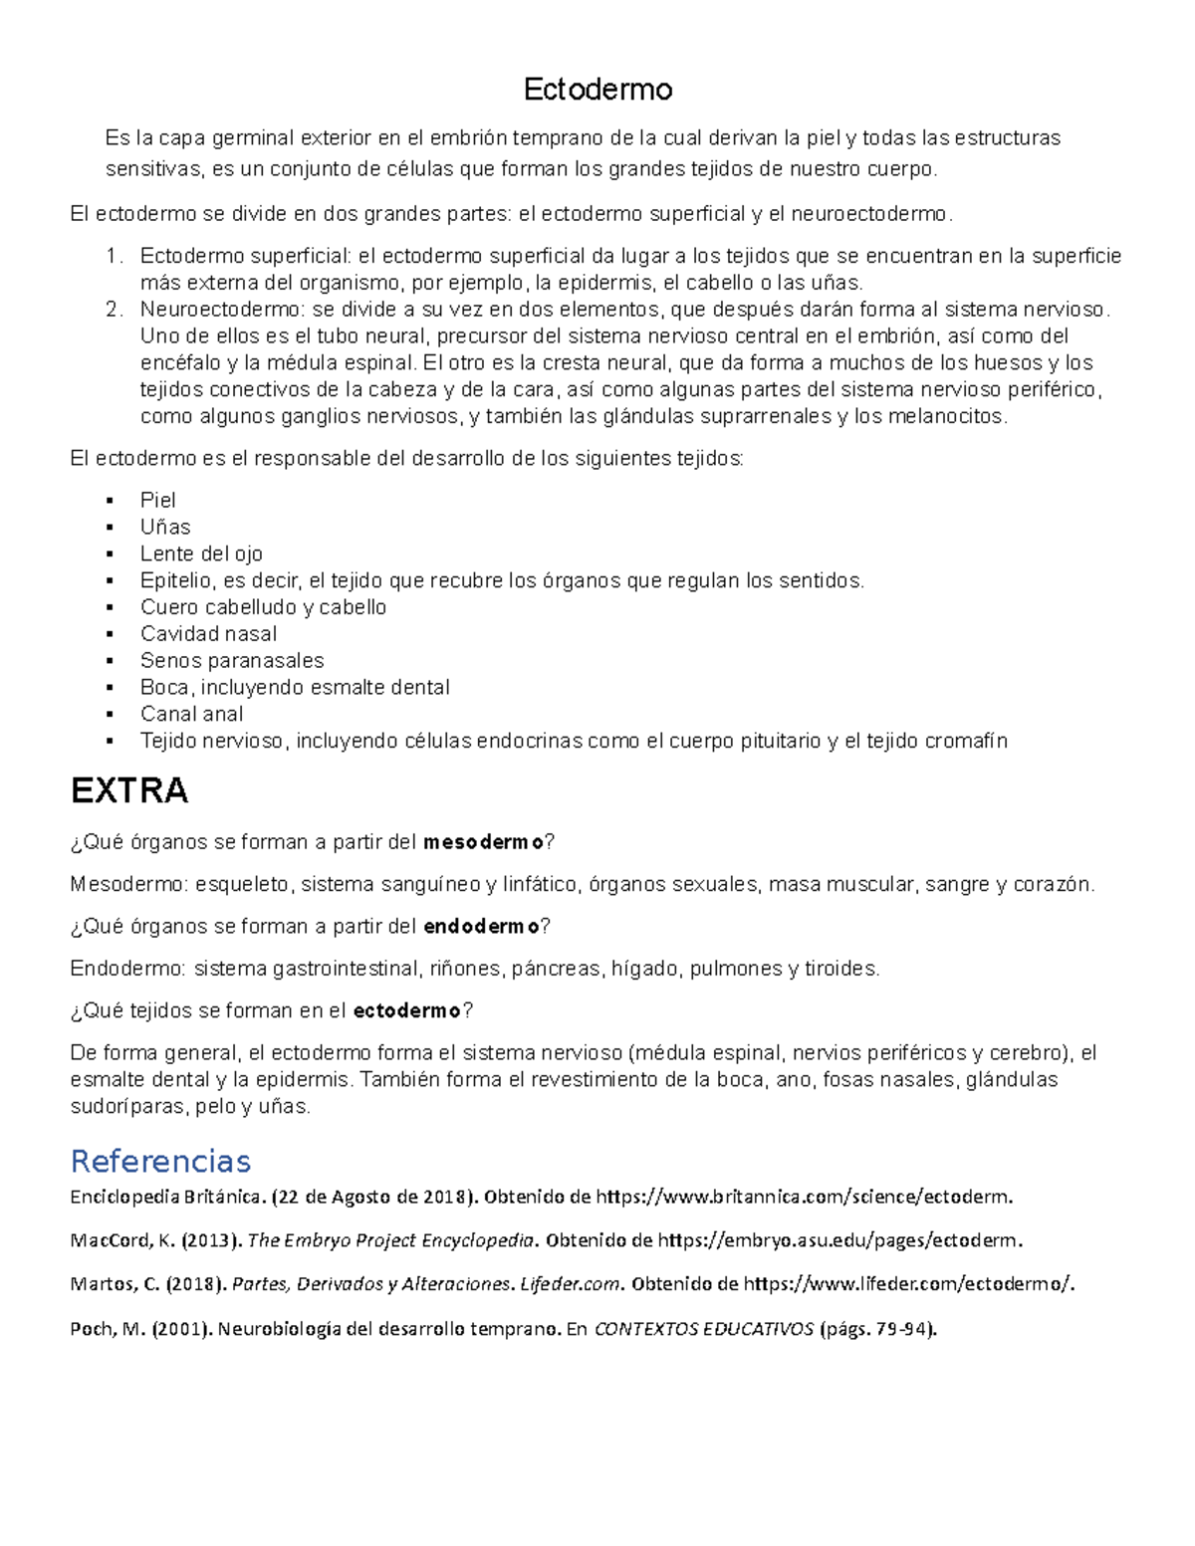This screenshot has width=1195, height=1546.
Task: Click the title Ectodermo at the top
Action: click(597, 90)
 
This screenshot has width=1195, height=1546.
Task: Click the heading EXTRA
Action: click(129, 790)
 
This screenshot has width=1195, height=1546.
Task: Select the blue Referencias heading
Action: click(160, 1161)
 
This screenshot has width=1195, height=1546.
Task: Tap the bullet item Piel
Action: click(158, 500)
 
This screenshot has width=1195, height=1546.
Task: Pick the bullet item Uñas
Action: click(165, 527)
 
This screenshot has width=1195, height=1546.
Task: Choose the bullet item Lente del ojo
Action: click(201, 553)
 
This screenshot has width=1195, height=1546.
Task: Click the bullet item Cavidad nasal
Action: click(208, 634)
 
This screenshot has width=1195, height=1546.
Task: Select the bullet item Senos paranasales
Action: click(232, 661)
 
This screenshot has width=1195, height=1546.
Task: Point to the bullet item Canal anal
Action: click(191, 714)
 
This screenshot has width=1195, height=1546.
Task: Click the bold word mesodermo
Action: click(483, 842)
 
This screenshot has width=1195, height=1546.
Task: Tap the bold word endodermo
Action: click(481, 927)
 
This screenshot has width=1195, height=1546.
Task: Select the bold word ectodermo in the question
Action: click(407, 1011)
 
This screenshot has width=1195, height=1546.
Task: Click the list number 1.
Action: click(114, 256)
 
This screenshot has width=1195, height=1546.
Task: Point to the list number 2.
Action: click(114, 310)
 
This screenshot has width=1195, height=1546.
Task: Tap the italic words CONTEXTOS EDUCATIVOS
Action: click(703, 1329)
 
